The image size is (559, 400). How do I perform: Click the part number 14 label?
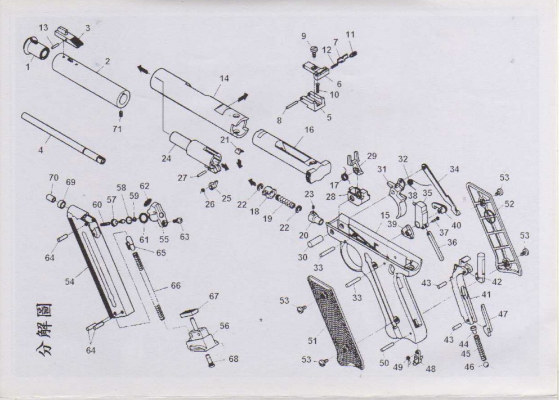point(224,78)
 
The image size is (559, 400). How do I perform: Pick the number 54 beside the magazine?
point(69,282)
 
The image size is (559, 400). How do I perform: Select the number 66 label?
point(176,286)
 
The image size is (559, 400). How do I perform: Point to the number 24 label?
point(167,158)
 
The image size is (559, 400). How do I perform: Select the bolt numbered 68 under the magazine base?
point(211,360)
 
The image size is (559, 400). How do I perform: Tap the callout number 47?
point(503,314)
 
